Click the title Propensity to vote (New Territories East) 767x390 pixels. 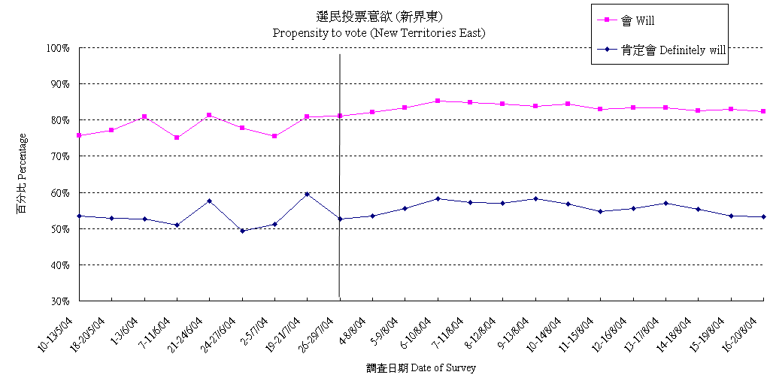pyautogui.click(x=378, y=33)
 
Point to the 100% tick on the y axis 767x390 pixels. pyautogui.click(x=58, y=48)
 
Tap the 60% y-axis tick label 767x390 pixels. pyautogui.click(x=59, y=193)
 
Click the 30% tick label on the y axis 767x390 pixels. pyautogui.click(x=59, y=301)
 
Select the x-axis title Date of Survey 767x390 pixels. pyautogui.click(x=421, y=368)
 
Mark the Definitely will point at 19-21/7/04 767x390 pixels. pyautogui.click(x=308, y=194)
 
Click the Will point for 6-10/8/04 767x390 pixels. pyautogui.click(x=438, y=101)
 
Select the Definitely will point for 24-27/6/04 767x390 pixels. pyautogui.click(x=242, y=231)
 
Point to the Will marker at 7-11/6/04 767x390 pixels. pyautogui.click(x=177, y=138)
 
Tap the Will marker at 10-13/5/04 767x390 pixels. pyautogui.click(x=79, y=135)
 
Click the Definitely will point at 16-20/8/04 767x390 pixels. pyautogui.click(x=763, y=216)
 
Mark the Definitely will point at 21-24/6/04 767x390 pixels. pyautogui.click(x=209, y=201)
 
